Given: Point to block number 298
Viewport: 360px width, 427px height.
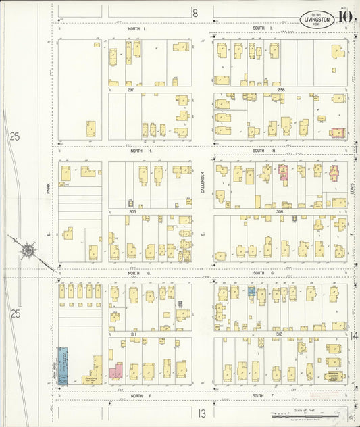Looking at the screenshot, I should point(280,89).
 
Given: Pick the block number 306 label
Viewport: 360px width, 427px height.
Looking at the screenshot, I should point(279,211).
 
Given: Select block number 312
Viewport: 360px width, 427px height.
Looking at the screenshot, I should point(279,334).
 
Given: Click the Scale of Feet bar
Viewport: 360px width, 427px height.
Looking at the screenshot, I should point(284,413).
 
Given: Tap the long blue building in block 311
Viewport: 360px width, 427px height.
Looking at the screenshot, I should point(63,366).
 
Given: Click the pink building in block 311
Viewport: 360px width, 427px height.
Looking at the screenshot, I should point(115,372).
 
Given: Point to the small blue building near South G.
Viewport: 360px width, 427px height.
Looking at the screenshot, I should point(251,291).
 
